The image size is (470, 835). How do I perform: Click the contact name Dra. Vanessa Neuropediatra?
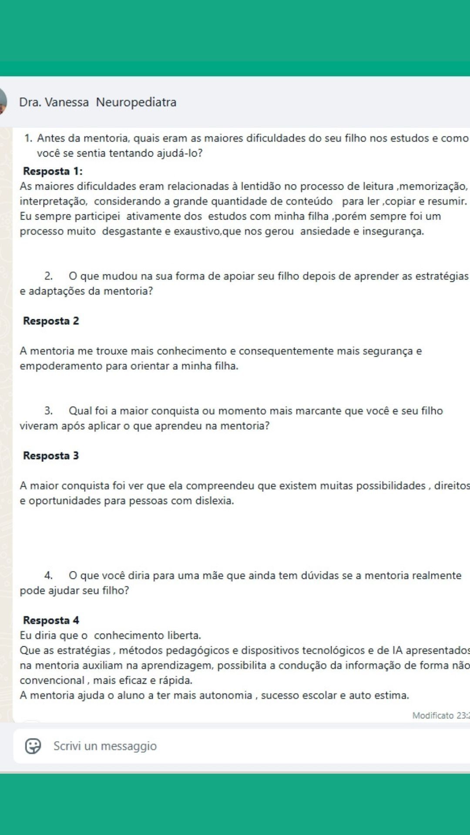97,102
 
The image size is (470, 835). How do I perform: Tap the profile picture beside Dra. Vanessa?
2,101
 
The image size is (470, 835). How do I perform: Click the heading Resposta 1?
53,171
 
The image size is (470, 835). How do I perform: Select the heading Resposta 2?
51,321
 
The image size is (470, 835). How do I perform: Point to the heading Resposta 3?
51,456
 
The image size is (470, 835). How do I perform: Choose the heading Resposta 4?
51,620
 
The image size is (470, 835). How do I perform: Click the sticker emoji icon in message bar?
33,746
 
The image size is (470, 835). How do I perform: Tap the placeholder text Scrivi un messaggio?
105,746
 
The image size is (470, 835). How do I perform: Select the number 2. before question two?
48,276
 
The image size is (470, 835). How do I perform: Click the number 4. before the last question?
48,576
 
